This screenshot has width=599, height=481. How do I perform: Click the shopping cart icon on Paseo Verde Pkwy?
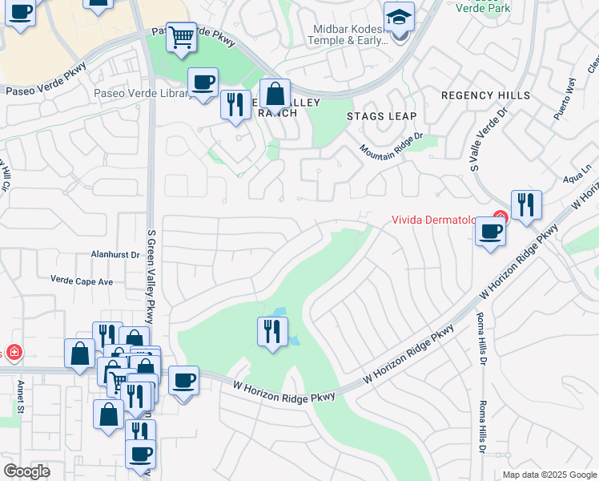pos(182,36)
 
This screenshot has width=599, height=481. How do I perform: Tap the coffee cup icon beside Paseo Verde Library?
pos(203,82)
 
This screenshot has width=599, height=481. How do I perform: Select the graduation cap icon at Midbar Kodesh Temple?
pos(398,18)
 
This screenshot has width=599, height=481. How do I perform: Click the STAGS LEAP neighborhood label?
pos(381,116)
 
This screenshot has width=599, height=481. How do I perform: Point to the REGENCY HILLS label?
pos(485,95)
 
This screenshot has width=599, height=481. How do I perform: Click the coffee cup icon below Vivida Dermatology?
pos(490,232)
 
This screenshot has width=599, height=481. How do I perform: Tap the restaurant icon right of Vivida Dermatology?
pos(525,205)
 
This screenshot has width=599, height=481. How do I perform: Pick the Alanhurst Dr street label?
pos(114,255)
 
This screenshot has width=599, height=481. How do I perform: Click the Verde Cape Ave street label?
pos(82,281)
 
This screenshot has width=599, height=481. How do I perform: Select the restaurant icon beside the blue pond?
pos(272,330)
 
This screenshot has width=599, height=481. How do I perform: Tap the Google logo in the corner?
pos(26,471)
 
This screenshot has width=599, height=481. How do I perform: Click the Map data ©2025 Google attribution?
pos(549,475)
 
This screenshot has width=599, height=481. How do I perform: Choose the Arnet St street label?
pos(20,397)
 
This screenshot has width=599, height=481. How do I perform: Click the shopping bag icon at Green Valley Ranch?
pos(275,94)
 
